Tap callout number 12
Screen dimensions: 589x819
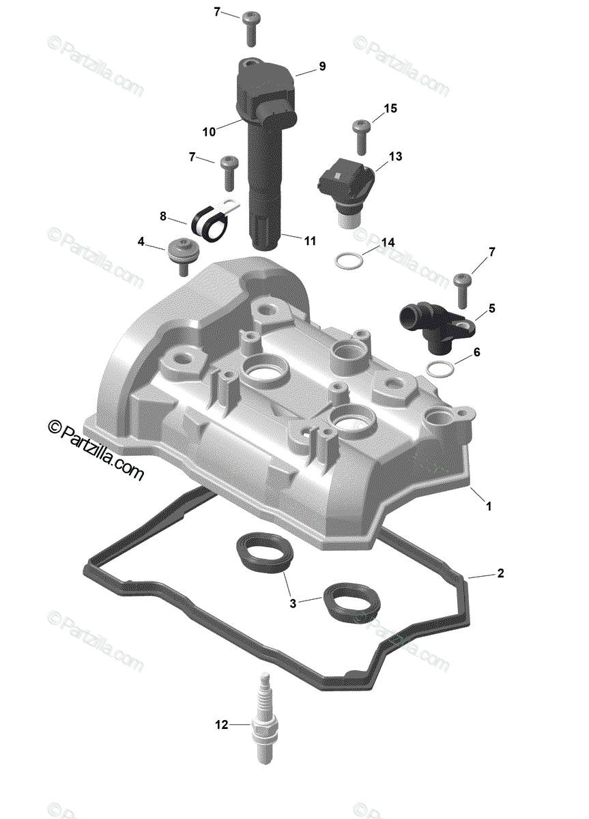click(x=221, y=725)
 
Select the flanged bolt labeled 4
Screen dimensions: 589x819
click(x=183, y=255)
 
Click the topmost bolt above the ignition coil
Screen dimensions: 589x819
click(x=250, y=25)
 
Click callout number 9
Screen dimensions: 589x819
click(x=321, y=66)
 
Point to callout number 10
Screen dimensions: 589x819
click(x=208, y=130)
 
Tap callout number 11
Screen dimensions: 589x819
click(x=310, y=240)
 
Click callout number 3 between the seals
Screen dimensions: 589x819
click(x=293, y=603)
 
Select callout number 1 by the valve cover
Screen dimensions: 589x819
click(x=489, y=506)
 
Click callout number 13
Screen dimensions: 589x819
click(x=395, y=156)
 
